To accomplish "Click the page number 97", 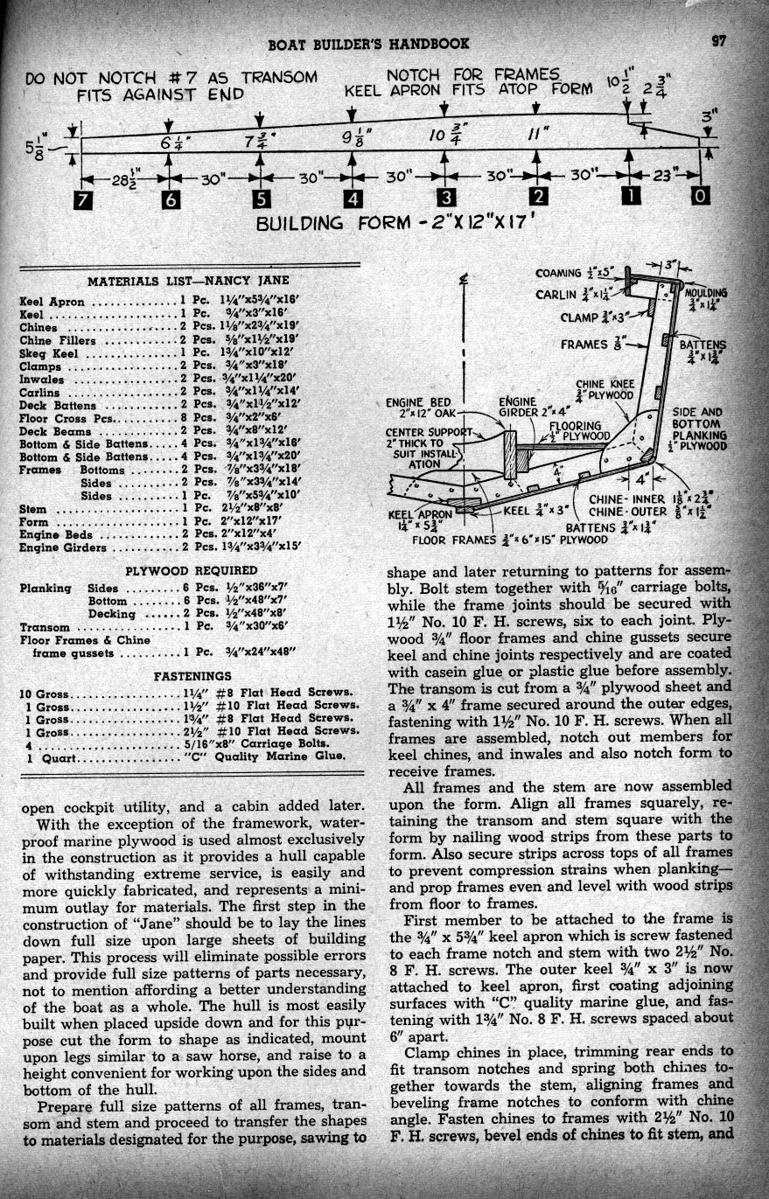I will tap(719, 40).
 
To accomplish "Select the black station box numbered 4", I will tap(352, 199).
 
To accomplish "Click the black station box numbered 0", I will tap(699, 199).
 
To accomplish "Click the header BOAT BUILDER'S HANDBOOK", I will tap(368, 43).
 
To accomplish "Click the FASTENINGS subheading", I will tap(192, 676).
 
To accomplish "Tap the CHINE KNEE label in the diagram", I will tap(604, 384).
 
